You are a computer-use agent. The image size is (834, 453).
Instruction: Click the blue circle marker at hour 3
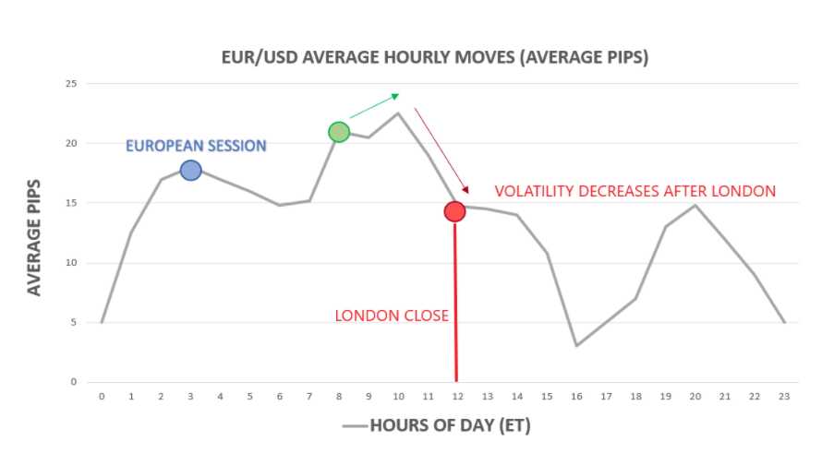190,170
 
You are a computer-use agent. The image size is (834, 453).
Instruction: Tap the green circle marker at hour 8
339,132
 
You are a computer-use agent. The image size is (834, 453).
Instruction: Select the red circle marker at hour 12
454,211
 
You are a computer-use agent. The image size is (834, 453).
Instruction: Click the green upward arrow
374,106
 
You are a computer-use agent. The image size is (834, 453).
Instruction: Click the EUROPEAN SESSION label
196,146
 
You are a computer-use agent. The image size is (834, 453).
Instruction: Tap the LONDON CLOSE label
392,316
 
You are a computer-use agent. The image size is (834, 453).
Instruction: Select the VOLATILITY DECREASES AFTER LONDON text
635,192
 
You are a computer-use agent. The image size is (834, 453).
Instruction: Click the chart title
435,57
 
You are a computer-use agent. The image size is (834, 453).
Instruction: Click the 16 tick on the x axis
576,397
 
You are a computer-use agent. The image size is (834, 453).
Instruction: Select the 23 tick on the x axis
784,397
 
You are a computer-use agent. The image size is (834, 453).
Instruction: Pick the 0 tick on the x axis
102,397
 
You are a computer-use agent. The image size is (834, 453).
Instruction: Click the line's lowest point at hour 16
576,345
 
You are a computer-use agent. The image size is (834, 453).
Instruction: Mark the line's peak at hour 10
398,113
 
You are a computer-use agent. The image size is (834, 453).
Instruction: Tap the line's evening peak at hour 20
695,205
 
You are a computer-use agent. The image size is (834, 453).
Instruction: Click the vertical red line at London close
455,304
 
